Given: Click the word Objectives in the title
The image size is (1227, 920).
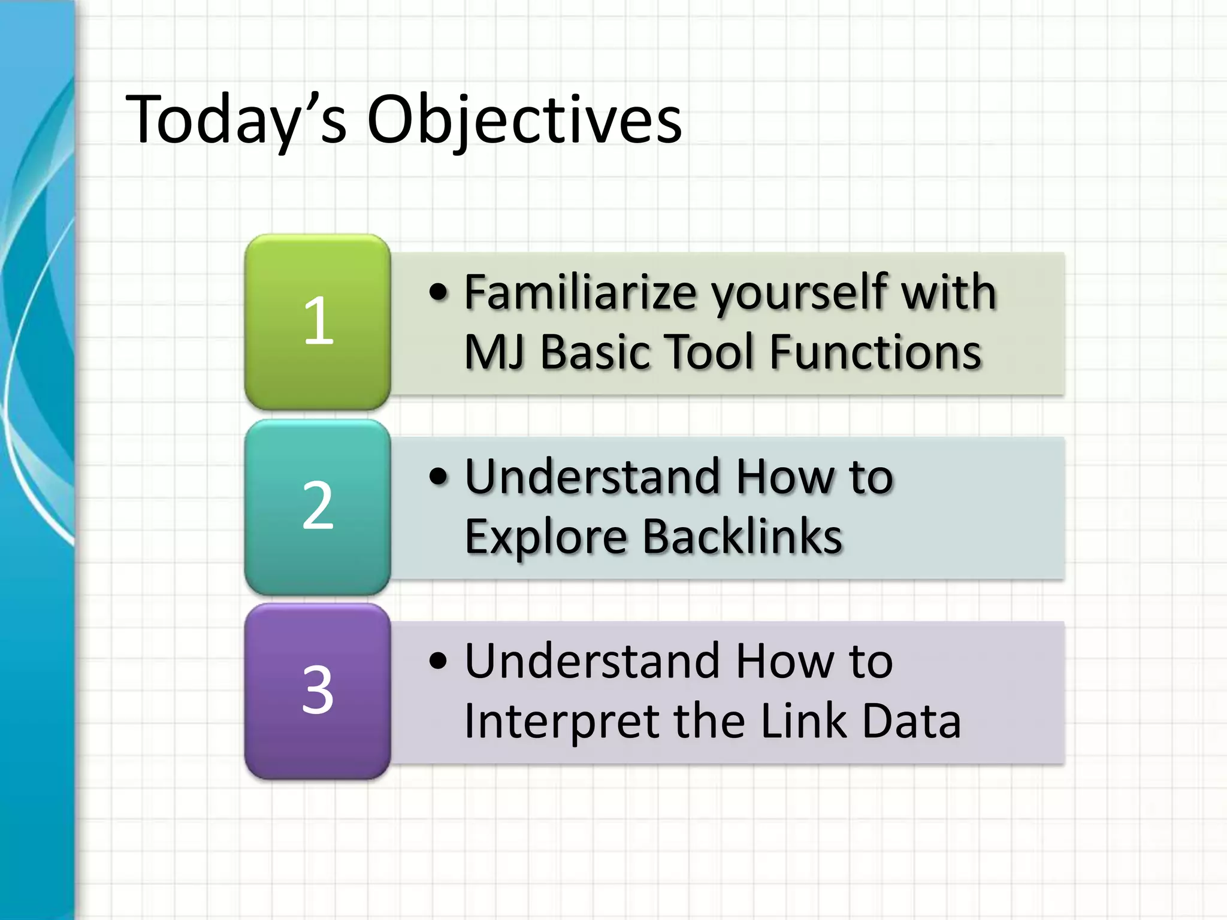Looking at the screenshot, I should point(524,120).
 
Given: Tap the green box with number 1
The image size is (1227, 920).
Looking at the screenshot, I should point(318,322).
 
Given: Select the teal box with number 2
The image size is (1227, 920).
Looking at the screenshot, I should point(318,506).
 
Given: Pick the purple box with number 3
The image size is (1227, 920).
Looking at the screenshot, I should point(318,691).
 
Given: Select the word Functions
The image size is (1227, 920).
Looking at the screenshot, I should point(875,352).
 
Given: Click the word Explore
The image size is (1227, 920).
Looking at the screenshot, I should point(546,537).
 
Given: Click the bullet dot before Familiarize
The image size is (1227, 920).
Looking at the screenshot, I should point(439,292).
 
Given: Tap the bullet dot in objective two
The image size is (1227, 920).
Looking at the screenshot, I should point(439,477).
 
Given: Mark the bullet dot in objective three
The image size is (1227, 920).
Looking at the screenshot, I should point(439,661).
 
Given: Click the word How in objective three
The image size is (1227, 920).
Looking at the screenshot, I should point(784,661).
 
